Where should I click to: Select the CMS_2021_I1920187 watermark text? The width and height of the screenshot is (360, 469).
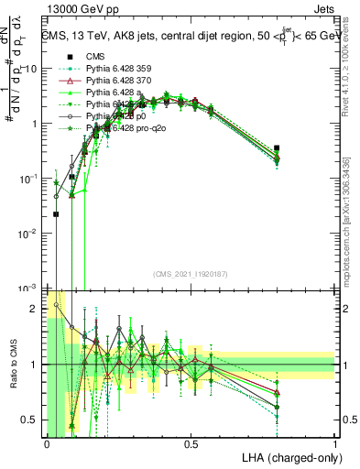tap(191, 274)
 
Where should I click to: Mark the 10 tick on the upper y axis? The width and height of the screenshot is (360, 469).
tap(31, 69)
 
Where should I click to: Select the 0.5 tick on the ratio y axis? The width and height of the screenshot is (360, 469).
tap(34, 420)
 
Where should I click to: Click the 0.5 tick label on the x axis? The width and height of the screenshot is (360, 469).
tap(191, 444)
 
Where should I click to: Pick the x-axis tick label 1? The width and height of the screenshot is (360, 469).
tap(334, 444)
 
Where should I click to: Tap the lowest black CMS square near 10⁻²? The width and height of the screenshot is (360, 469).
tap(57, 214)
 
